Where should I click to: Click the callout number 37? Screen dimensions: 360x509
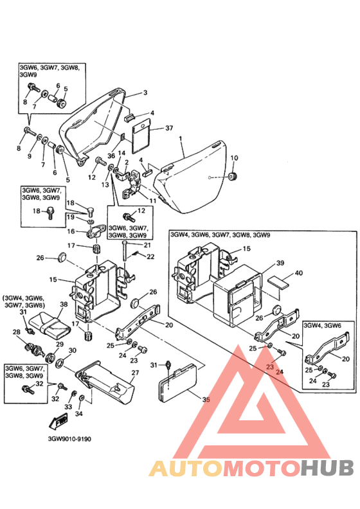click(169, 129)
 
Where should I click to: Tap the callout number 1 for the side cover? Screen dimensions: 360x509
click(181, 139)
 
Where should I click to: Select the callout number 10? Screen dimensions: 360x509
click(234, 158)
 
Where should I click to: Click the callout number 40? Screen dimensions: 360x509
click(298, 272)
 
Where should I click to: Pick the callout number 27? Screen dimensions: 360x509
click(135, 372)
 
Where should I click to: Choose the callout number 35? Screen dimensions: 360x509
click(206, 400)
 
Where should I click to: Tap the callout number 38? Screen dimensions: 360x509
click(64, 304)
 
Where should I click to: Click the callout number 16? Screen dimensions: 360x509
click(71, 231)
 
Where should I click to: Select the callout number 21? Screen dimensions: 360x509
click(147, 245)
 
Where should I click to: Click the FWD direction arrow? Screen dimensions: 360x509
click(58, 421)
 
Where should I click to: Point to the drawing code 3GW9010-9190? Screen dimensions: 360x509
click(69, 439)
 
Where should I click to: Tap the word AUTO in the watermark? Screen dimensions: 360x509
click(186, 468)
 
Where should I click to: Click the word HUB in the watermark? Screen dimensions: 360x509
click(327, 468)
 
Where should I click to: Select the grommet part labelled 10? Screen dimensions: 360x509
click(233, 177)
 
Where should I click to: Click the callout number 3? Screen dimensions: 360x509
click(145, 93)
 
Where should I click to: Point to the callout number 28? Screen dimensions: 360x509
click(16, 332)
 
